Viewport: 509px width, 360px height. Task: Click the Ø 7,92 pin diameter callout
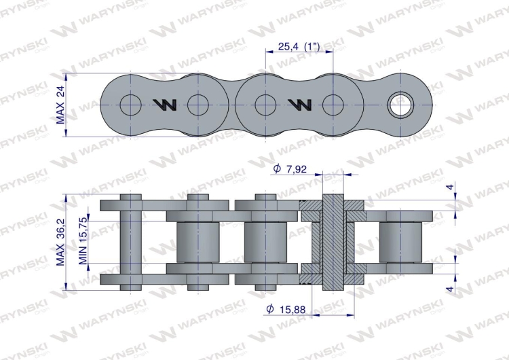point(291,169)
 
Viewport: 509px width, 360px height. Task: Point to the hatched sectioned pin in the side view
point(332,242)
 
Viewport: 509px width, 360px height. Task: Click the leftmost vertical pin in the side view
point(130,242)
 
